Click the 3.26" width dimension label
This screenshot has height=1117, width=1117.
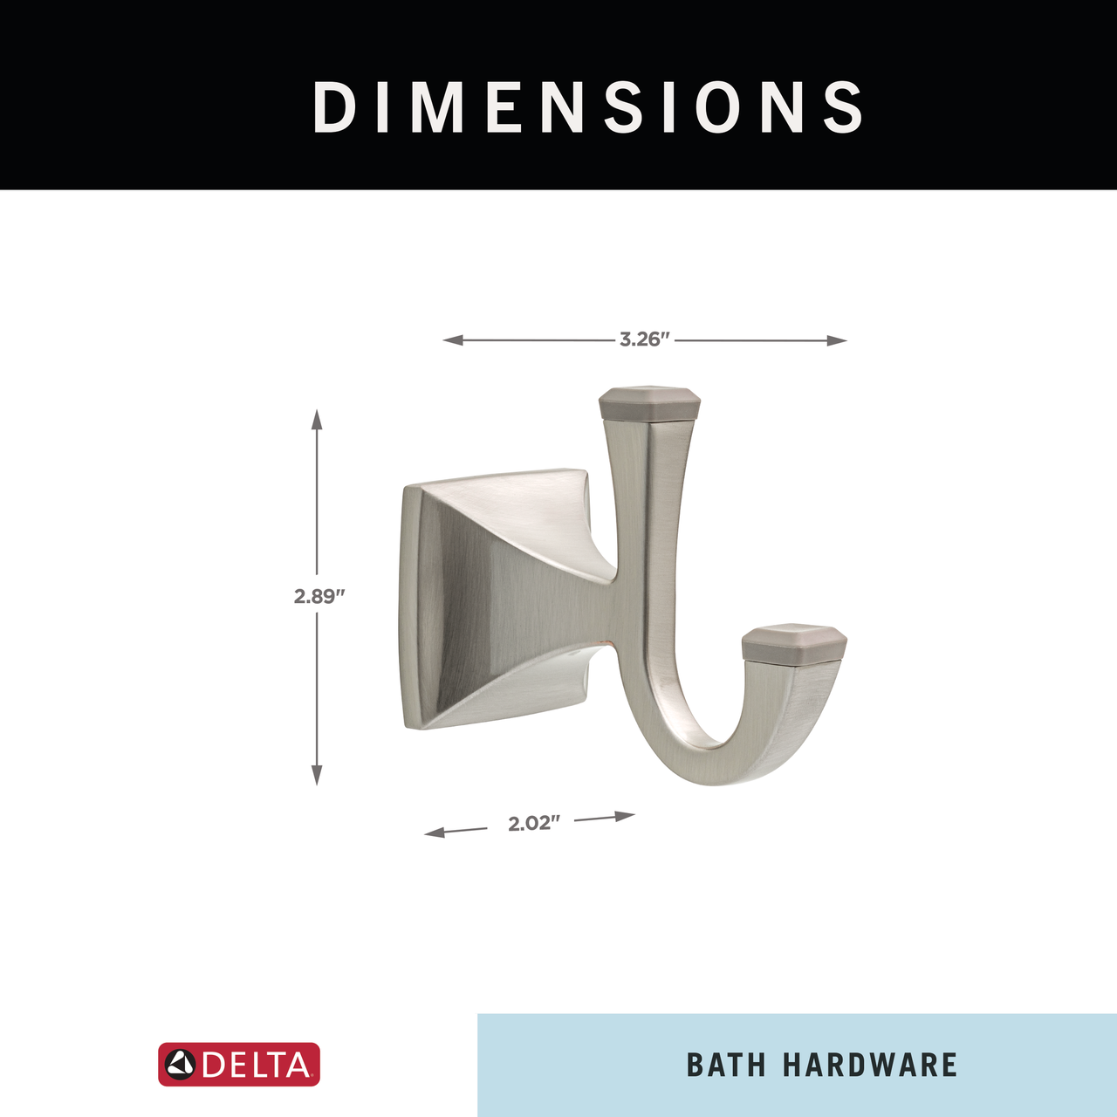pos(644,339)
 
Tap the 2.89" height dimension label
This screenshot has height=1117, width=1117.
pos(319,596)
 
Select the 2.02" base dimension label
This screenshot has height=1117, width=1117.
pos(534,824)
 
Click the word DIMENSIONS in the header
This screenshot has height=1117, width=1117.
pos(588,106)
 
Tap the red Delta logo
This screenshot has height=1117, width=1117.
pos(239,1065)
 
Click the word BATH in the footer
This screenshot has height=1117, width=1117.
pos(726,1065)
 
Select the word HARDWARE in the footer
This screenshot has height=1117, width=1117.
pos(869,1065)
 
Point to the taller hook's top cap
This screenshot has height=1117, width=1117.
pos(650,402)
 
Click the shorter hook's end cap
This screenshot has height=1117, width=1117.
pos(795,641)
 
